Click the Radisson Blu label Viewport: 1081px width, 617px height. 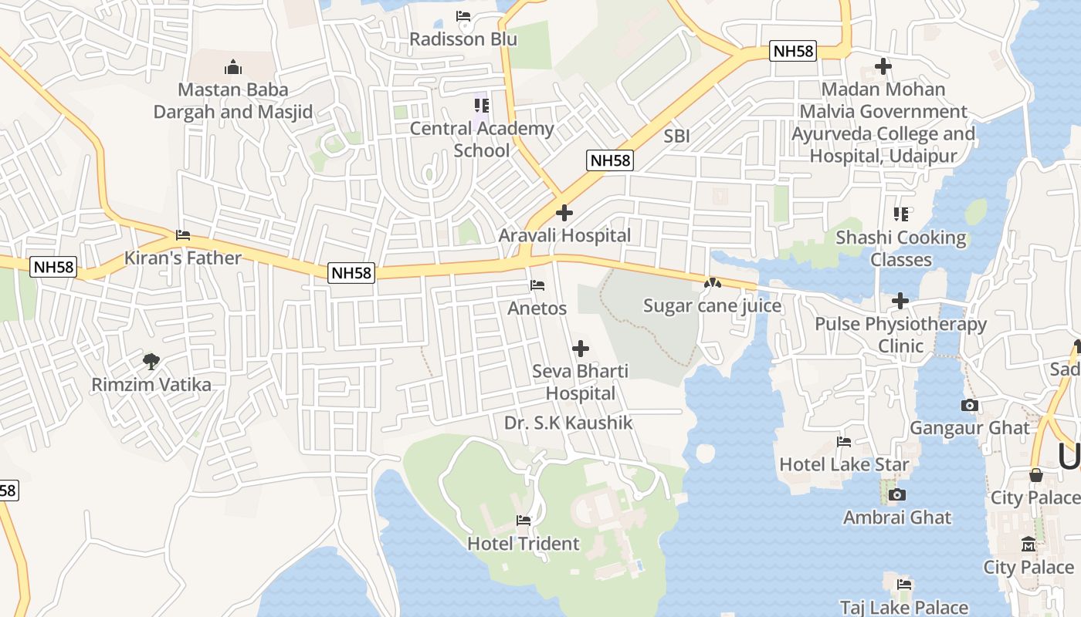[463, 39]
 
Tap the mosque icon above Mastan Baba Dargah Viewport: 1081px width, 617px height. [232, 67]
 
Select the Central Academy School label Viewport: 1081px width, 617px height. [482, 139]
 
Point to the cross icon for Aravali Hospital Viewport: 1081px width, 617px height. [564, 213]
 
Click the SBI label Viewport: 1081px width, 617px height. [676, 137]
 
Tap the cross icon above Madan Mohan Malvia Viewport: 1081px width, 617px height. [883, 67]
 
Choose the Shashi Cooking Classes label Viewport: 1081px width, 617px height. [901, 248]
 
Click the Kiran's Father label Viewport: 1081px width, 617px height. [183, 258]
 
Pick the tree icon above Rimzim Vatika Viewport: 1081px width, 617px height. [151, 361]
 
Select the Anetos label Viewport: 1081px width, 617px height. [537, 308]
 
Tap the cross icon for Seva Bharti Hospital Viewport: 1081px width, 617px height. [581, 349]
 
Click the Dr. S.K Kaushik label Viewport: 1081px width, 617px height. [568, 423]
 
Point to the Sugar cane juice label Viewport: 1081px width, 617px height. [713, 306]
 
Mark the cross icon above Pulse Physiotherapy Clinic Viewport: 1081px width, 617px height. [900, 301]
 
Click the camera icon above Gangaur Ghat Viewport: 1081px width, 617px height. [969, 406]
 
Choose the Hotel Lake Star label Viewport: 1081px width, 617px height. [844, 464]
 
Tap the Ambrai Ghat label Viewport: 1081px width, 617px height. [897, 518]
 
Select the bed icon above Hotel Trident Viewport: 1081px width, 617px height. [524, 521]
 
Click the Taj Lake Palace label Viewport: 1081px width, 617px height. [904, 608]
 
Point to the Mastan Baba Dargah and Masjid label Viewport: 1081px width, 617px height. [233, 100]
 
